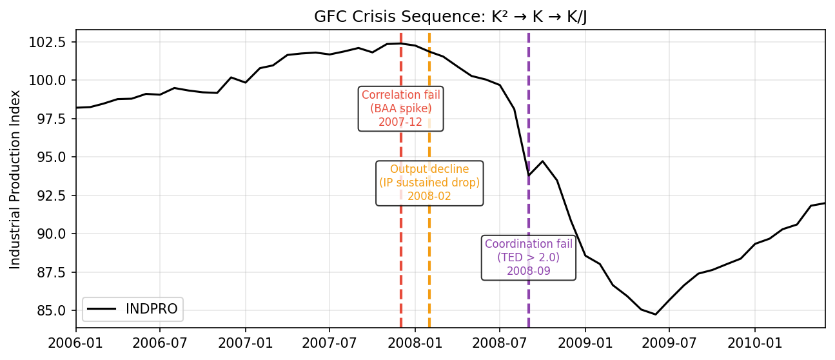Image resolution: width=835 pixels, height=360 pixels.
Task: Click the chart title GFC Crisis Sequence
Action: (450, 17)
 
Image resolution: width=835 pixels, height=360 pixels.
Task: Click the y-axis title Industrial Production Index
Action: (15, 179)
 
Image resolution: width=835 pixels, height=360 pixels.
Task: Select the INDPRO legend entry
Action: (133, 309)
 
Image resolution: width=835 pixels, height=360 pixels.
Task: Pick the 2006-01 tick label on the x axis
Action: (76, 338)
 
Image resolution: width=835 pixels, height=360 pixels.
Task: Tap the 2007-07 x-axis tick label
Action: (329, 338)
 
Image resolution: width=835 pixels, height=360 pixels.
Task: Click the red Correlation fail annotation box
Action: (401, 108)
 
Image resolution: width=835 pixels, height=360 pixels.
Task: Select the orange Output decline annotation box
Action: (429, 183)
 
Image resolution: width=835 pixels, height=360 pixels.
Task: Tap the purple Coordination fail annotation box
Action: (529, 257)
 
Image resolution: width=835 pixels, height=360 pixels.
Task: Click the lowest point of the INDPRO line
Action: (655, 314)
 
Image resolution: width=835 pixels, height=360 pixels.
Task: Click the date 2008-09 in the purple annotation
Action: (529, 271)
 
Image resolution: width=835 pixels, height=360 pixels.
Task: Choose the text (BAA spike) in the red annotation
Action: (401, 108)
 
